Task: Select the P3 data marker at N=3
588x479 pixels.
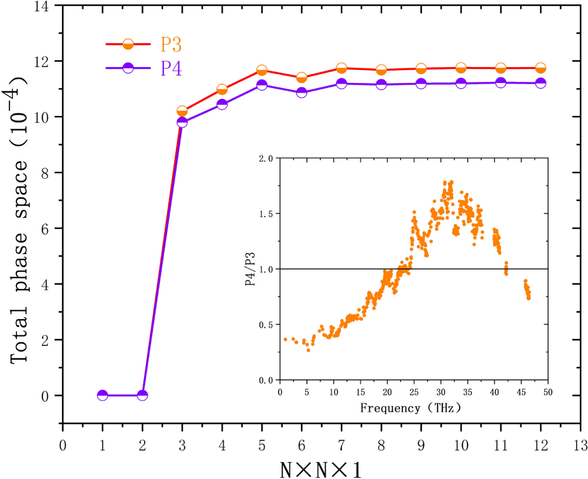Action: (182, 111)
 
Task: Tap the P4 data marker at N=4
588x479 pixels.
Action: (222, 104)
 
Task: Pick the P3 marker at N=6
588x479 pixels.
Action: (302, 78)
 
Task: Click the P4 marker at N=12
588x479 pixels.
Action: (540, 83)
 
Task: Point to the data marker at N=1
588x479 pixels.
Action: (102, 395)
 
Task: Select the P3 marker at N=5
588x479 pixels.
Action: (262, 71)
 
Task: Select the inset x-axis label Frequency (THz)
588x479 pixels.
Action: (410, 407)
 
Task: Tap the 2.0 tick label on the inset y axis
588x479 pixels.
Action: (265, 158)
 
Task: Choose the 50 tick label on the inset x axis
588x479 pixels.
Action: (548, 392)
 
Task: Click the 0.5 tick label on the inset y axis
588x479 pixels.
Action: (265, 324)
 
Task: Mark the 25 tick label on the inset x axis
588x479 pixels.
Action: (414, 392)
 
